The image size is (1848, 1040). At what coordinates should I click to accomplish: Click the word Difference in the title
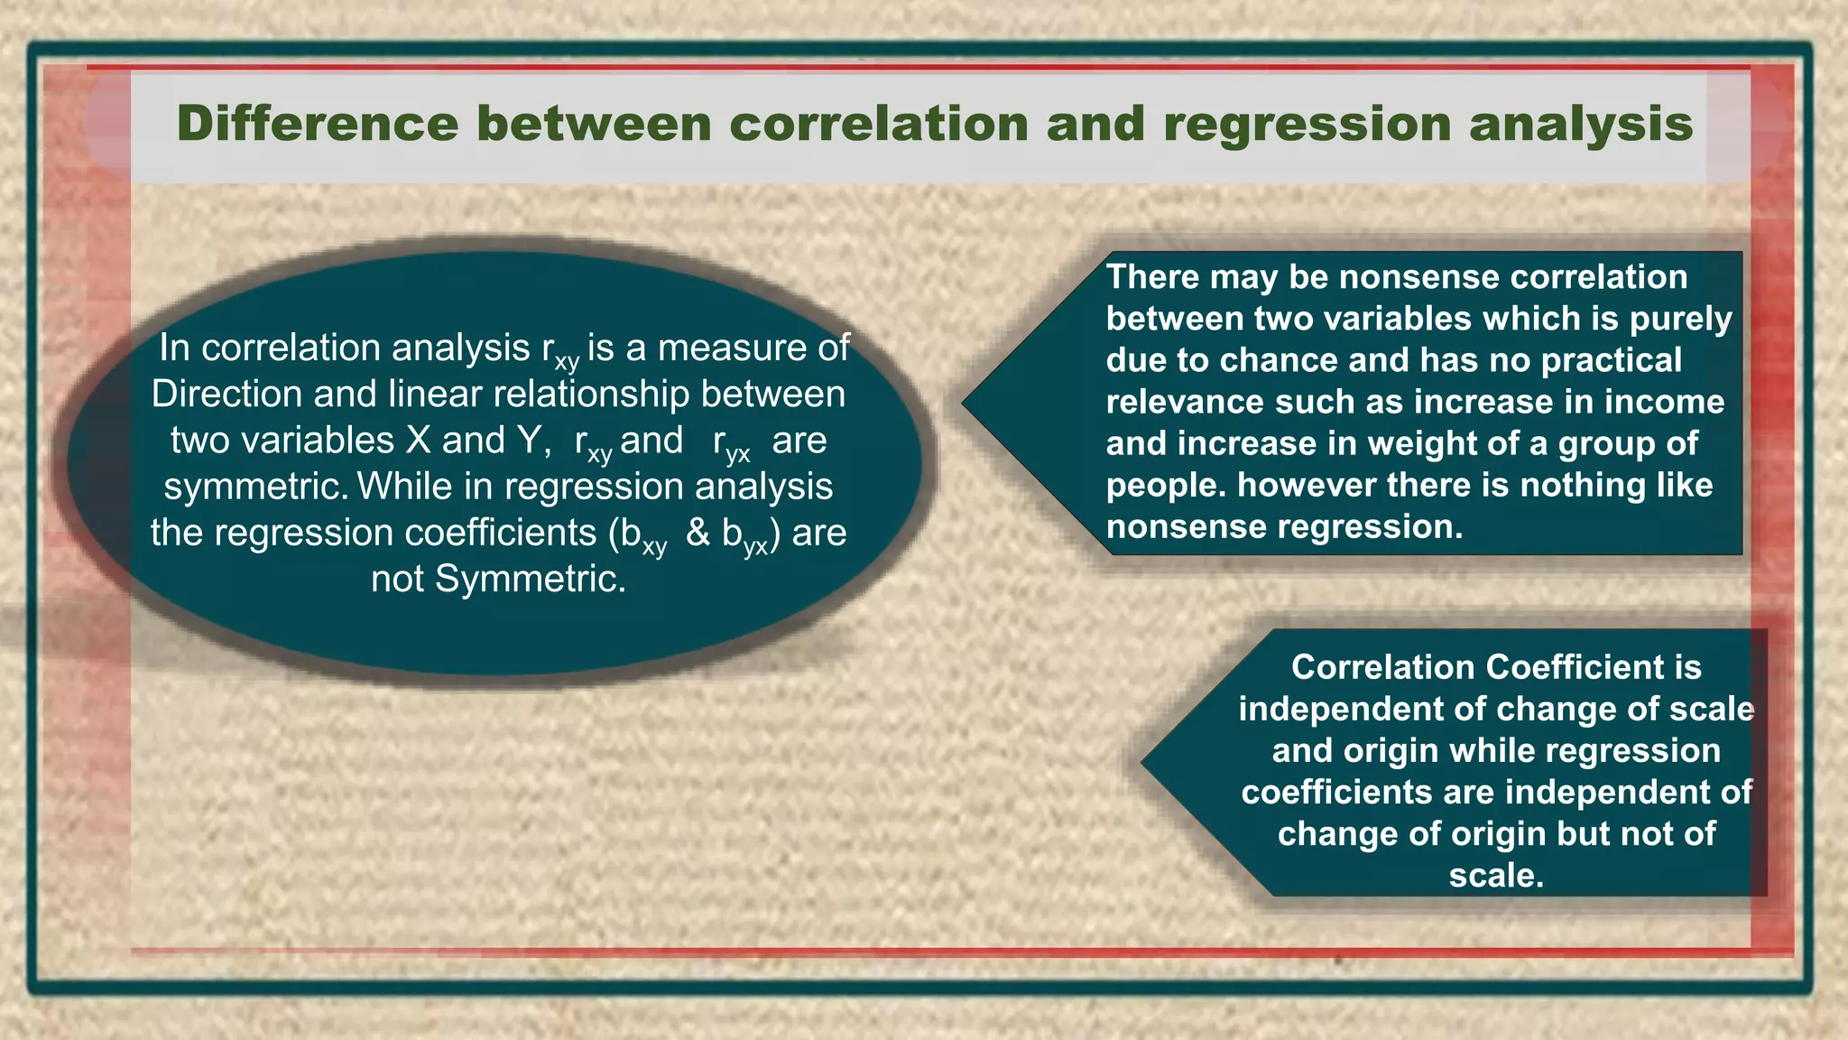[x=317, y=124]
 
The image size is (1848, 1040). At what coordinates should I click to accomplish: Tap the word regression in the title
[x=1307, y=125]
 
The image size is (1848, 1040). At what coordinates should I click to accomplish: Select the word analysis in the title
[x=1581, y=125]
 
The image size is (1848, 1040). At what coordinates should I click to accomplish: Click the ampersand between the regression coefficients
[x=698, y=533]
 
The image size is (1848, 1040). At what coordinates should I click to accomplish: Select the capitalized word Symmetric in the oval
[x=530, y=579]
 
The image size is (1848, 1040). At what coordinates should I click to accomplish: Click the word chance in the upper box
[x=1280, y=360]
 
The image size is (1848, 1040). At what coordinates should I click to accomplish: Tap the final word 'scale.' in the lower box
[x=1496, y=875]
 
